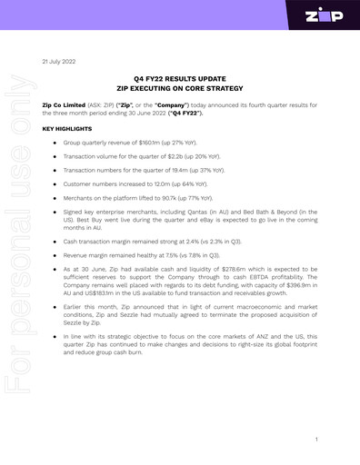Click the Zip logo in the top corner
point(325,17)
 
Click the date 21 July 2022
point(58,61)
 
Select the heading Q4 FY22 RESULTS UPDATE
point(180,80)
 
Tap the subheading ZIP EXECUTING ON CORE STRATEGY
point(180,90)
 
